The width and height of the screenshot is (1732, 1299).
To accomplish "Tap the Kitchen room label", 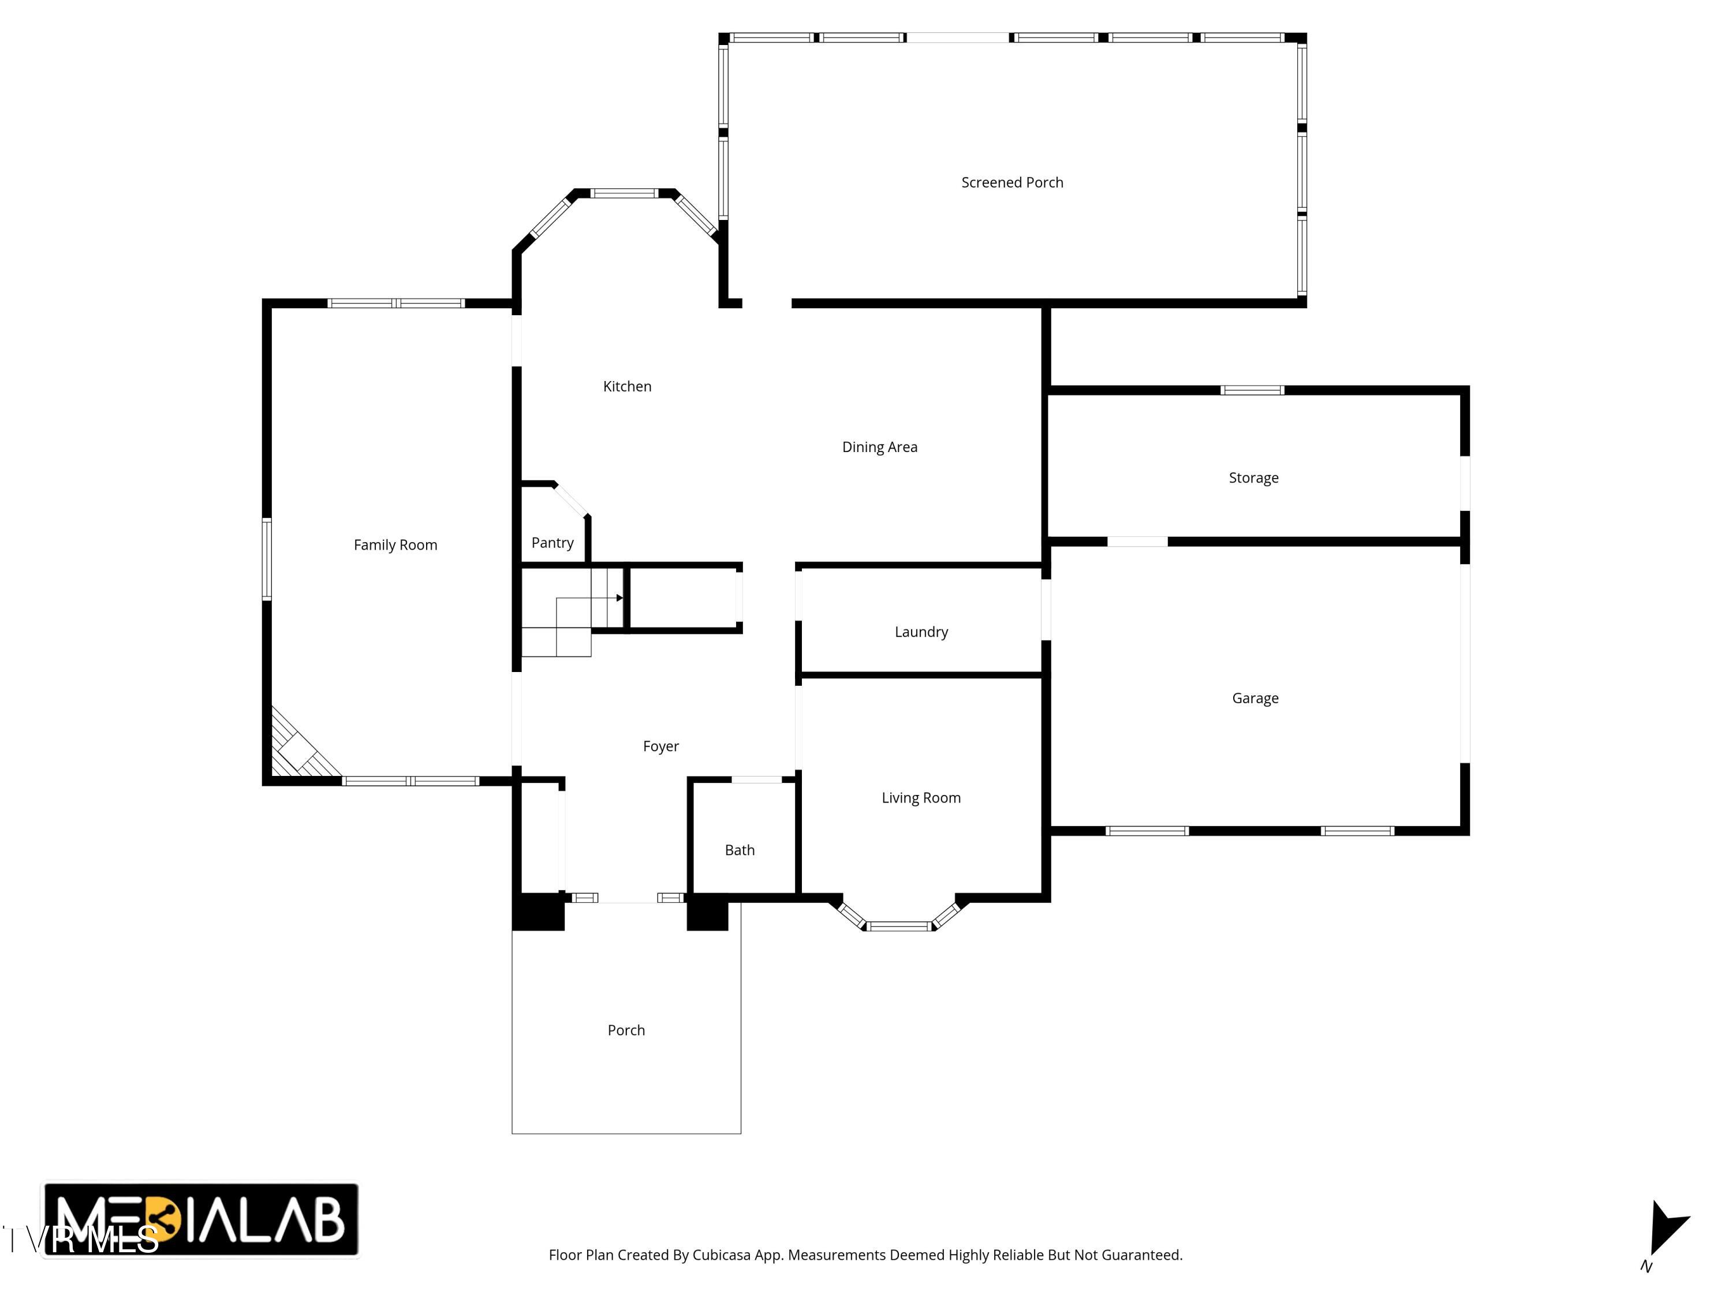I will coord(626,386).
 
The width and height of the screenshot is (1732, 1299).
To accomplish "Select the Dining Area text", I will coord(879,447).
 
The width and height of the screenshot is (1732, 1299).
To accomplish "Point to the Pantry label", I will coord(552,543).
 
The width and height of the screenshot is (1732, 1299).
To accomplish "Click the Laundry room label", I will coord(921,632).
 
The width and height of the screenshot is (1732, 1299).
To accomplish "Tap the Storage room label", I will coord(1253,477).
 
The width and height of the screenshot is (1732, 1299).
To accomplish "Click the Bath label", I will coord(739,850).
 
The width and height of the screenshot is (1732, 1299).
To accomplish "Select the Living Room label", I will coord(921,798).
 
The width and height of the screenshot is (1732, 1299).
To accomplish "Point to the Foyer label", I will coord(660,746).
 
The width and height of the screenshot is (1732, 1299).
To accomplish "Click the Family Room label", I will coord(395,545).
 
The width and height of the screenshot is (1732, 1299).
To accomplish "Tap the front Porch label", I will coord(626,1031).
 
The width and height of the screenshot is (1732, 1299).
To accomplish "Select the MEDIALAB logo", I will coord(200,1219).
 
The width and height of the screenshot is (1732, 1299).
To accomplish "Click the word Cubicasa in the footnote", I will coord(722,1255).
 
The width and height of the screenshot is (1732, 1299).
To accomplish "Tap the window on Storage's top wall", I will coord(1252,390).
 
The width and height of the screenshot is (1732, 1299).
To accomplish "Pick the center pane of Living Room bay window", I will coord(899,927).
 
